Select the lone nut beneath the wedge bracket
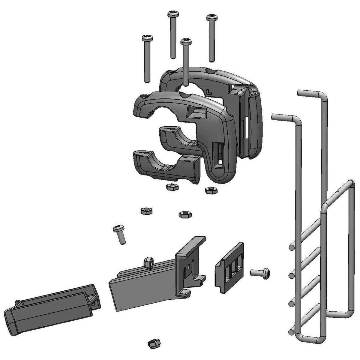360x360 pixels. (x=154, y=343)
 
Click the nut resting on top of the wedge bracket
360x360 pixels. (x=148, y=262)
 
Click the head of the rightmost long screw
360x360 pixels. (x=212, y=18)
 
